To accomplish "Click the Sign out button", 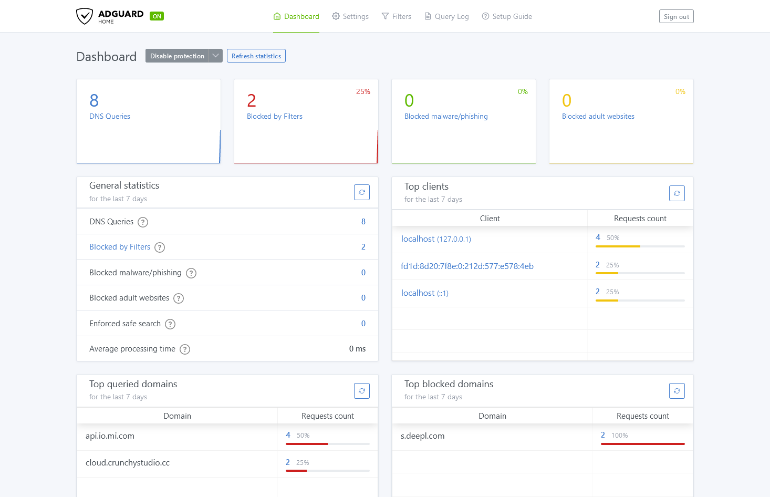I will [676, 17].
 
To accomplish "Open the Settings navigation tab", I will [350, 17].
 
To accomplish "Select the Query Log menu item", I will [446, 17].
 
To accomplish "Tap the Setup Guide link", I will [507, 17].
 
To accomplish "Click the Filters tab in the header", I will [397, 17].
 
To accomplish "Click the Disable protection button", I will [177, 56].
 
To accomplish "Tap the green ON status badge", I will [157, 16].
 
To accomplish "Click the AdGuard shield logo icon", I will [85, 16].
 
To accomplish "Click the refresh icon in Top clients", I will [677, 193].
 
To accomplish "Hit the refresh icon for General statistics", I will [361, 192].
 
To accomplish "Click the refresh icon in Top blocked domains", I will [677, 391].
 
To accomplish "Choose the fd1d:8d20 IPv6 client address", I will [467, 266].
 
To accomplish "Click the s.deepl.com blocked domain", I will [422, 436].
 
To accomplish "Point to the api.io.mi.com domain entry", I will [110, 436].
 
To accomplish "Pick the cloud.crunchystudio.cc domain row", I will [128, 463].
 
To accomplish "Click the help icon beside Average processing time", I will [185, 349].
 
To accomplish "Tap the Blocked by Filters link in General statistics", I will [120, 247].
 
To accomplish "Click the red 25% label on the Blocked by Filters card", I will [363, 91].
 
